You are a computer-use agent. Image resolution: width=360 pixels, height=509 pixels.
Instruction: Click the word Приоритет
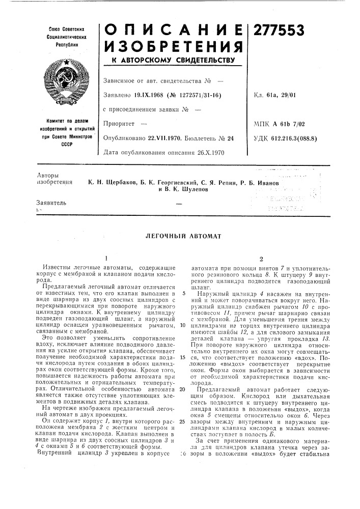[x=117, y=124]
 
